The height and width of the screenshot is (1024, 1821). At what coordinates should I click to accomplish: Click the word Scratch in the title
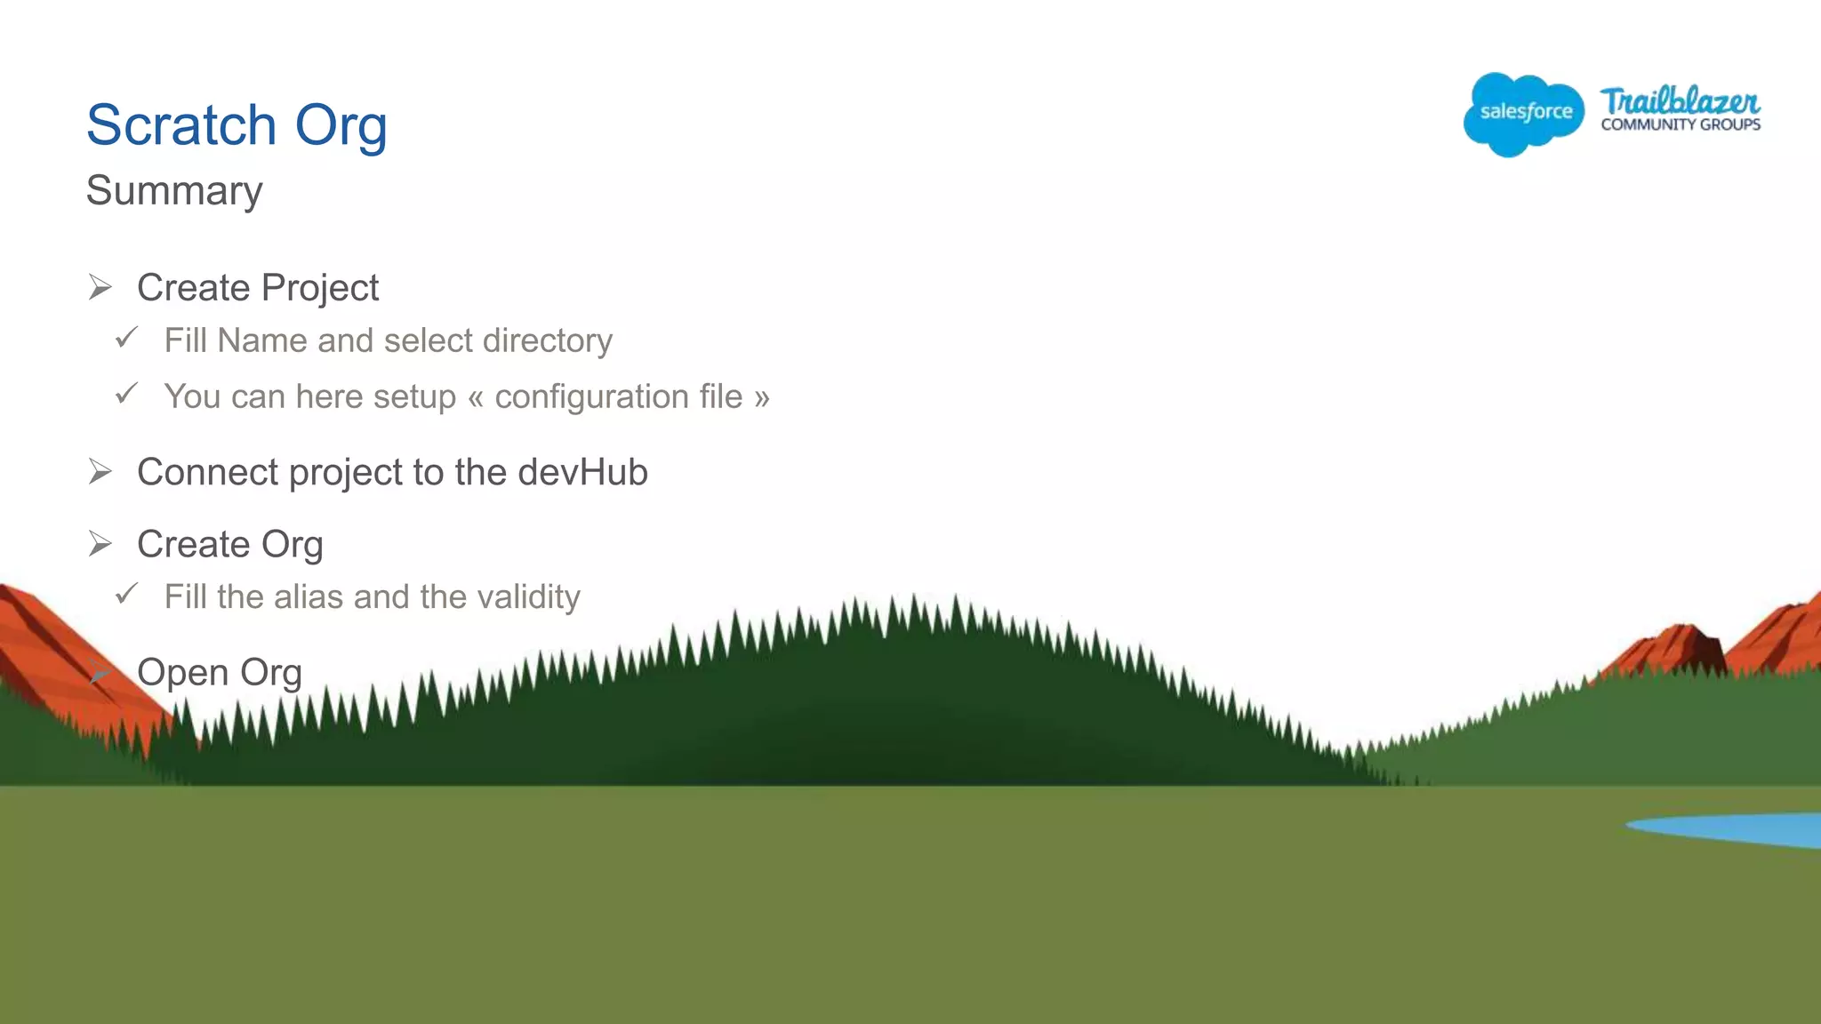[181, 124]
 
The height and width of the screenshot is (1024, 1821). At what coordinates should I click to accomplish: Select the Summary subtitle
[174, 190]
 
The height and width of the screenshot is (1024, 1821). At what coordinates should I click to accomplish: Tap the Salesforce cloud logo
[1523, 113]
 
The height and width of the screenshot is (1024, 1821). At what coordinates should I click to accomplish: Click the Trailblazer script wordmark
[1680, 100]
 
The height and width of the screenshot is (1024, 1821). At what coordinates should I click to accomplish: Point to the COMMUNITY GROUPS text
[1681, 125]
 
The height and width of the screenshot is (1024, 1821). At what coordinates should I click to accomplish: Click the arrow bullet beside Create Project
[100, 287]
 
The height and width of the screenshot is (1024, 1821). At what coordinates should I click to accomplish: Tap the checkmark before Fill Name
[127, 338]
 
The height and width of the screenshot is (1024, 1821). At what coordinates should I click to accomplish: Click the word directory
[548, 341]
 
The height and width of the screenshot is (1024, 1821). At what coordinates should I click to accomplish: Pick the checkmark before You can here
[127, 393]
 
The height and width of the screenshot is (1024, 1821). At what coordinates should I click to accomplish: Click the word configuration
[618, 397]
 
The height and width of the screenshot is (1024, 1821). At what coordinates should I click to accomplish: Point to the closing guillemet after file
[761, 397]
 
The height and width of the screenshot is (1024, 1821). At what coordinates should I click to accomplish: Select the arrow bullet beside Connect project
[100, 471]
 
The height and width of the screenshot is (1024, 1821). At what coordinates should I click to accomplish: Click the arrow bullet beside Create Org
[100, 543]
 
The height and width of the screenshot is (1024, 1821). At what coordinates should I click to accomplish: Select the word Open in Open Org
[183, 673]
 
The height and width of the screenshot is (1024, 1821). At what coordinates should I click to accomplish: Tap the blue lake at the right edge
[1743, 829]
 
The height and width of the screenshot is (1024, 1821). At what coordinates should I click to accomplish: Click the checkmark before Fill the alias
[127, 593]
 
